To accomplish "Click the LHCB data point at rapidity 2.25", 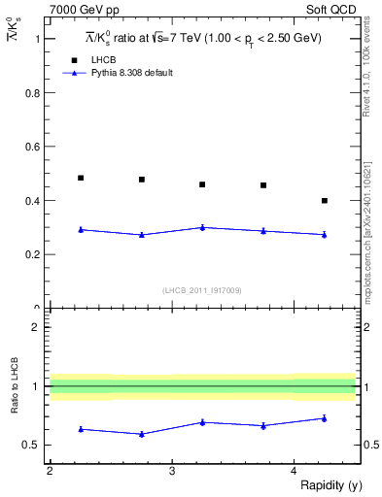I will [81, 178].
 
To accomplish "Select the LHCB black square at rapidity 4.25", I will [325, 200].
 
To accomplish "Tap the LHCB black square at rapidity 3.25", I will [202, 184].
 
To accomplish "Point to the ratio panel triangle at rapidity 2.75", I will [142, 434].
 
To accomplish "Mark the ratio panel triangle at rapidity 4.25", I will [325, 418].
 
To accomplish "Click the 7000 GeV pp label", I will [85, 10].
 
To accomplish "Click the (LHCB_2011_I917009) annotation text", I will [202, 290].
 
